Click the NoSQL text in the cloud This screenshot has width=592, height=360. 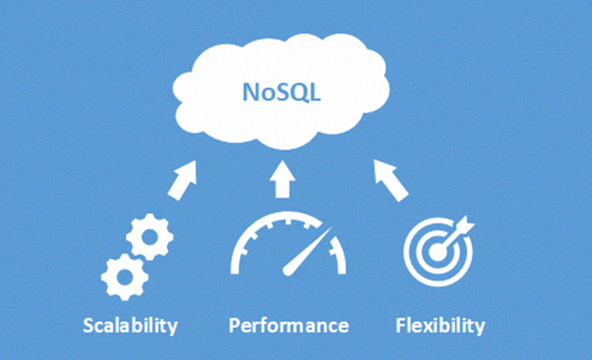coord(283,91)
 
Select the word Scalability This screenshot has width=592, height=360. coord(131,326)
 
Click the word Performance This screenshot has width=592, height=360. coord(289,326)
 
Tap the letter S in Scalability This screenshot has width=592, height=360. coord(89,326)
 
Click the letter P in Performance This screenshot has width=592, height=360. coord(235,326)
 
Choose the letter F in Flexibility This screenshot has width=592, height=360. coord(401,326)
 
